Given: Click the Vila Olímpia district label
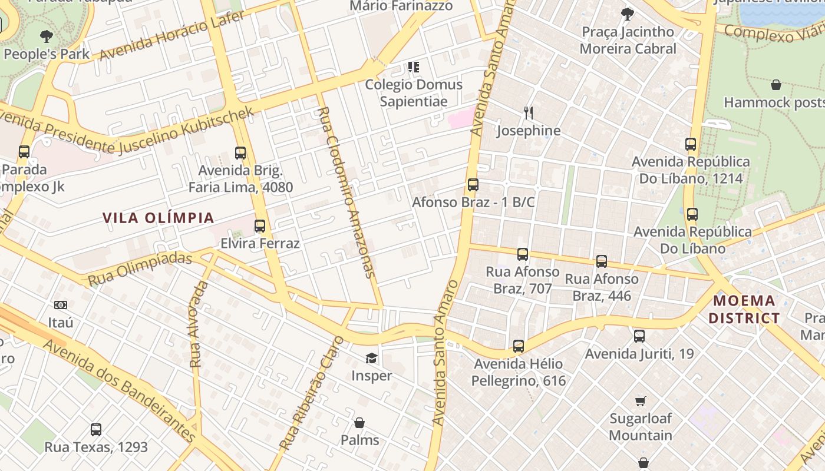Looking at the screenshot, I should (x=159, y=218).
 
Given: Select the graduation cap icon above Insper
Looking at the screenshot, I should (x=371, y=358).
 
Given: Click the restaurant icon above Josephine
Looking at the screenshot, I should (x=529, y=112).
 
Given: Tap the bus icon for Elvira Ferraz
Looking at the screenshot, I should (x=260, y=226).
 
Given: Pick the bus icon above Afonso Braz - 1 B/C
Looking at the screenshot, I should (x=473, y=185).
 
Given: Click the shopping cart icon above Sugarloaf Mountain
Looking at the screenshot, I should (x=641, y=401).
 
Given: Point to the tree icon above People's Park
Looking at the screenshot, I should (x=47, y=37).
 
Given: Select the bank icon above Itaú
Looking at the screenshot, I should (x=61, y=305).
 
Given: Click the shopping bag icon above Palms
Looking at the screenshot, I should (x=359, y=423).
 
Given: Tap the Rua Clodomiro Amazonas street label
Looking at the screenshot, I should (x=346, y=191).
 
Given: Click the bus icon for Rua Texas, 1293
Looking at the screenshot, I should (x=96, y=430).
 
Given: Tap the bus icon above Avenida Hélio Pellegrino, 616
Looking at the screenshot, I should (x=519, y=346).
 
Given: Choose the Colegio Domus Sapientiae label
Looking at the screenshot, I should (x=414, y=92).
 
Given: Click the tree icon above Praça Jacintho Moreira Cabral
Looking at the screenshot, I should (x=628, y=14).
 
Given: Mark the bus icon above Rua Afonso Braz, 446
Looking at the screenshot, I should (x=602, y=261).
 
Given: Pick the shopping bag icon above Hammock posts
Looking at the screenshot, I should (x=776, y=85).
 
